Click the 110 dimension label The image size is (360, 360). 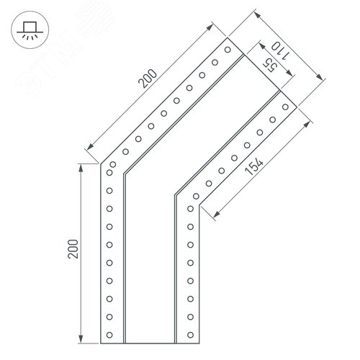tap(280, 51)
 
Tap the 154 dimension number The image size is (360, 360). tap(254, 166)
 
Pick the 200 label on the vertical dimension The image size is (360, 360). tap(73, 249)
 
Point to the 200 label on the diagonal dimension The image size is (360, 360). tap(148, 78)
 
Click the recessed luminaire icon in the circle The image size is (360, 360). tap(30, 30)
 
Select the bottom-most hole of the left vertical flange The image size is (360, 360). tap(109, 335)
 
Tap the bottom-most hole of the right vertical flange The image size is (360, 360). tap(191, 335)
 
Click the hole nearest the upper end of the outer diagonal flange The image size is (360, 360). tap(228, 50)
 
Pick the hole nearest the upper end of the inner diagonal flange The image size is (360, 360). tap(285, 107)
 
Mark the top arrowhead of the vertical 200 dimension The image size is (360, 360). tap(81, 168)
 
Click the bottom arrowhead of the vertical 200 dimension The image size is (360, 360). tap(81, 339)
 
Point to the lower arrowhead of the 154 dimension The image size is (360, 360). tap(216, 215)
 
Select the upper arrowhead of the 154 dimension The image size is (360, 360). tap(307, 125)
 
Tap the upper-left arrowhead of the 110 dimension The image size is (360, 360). tap(258, 15)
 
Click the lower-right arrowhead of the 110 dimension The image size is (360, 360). tap(320, 77)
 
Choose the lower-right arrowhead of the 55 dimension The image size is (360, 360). tap(289, 73)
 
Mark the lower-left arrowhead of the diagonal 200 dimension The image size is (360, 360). tap(91, 146)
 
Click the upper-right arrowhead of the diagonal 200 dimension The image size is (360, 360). tap(210, 27)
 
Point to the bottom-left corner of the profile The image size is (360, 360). tap(101, 343)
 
